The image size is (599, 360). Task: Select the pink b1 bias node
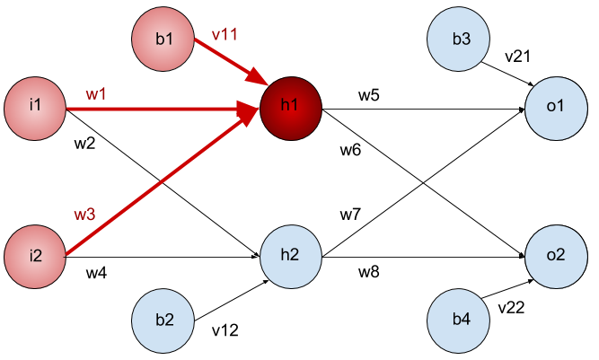coord(163,39)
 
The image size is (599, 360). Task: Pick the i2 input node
coord(35,257)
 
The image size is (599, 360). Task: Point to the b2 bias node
coord(163,320)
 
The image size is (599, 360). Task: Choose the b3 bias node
coord(460,40)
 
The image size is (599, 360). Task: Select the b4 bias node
coord(460,320)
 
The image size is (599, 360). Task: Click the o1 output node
coord(556,107)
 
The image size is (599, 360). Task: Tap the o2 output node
coord(556,256)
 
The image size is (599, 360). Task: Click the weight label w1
coord(95,94)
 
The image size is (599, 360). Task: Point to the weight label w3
coord(84,215)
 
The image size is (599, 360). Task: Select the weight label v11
coord(225,35)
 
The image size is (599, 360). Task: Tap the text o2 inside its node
coord(556,256)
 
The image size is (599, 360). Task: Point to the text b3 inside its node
coord(460,40)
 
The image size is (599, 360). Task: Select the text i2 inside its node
coord(35,257)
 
